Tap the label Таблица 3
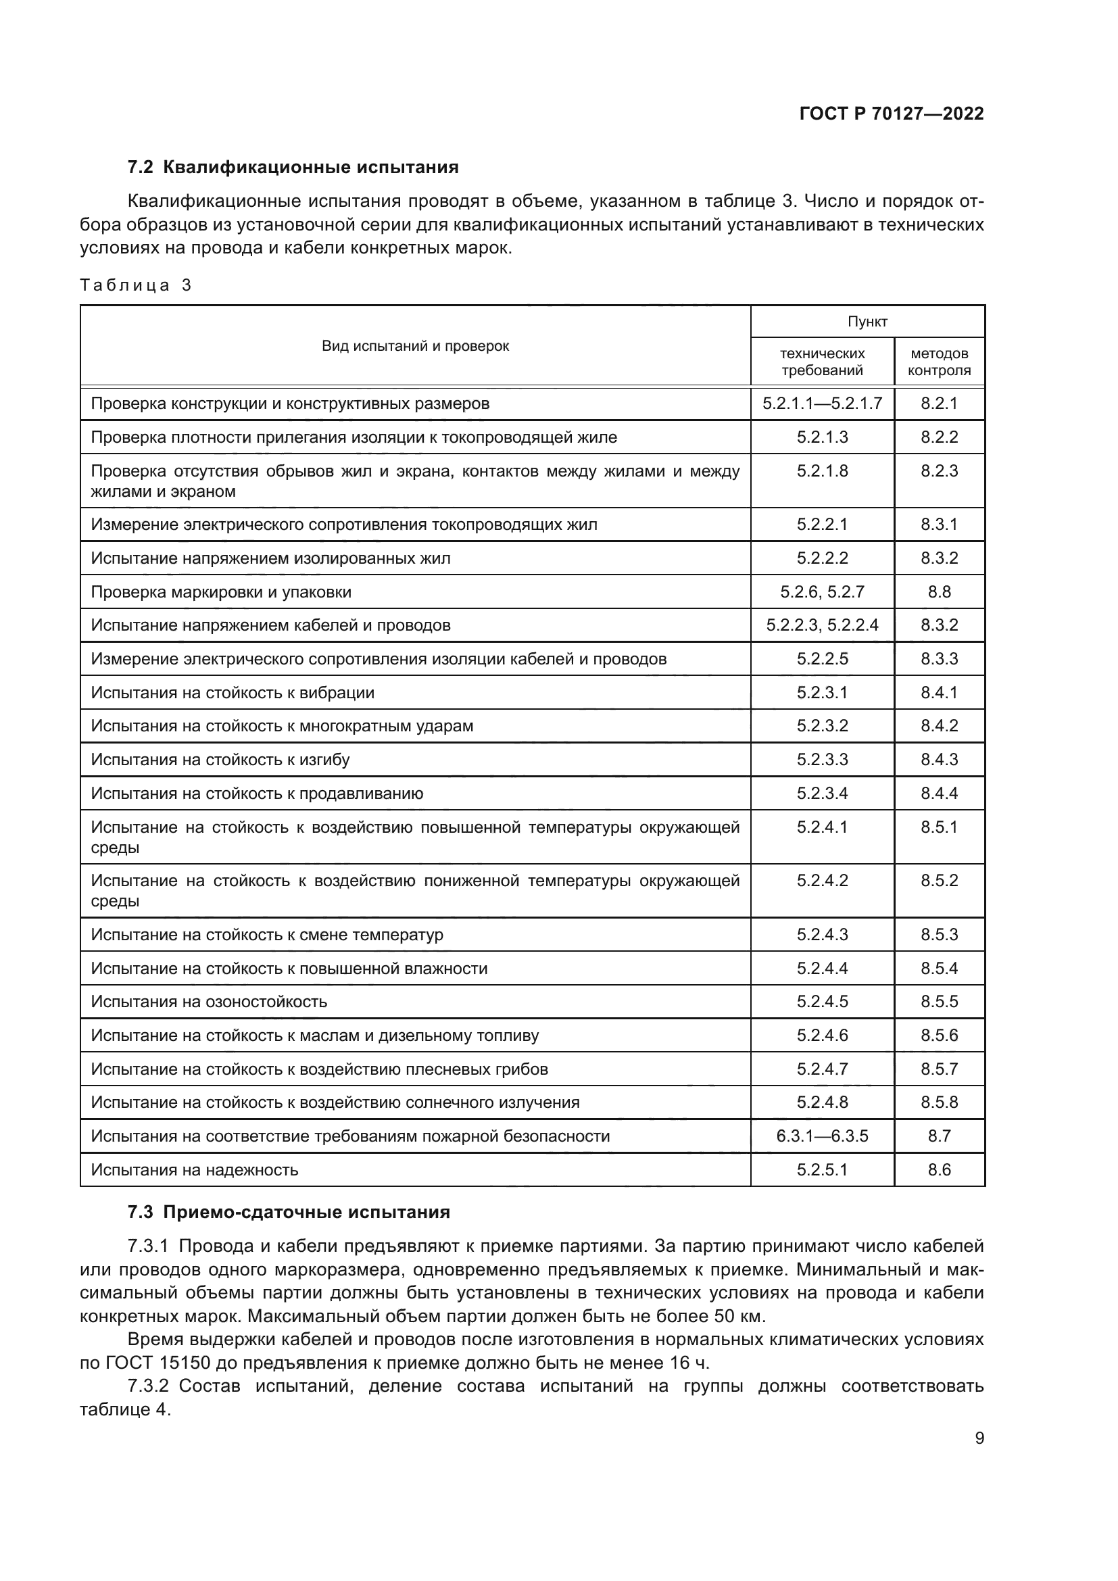tap(136, 285)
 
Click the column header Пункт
tap(867, 322)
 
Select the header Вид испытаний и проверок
tap(415, 345)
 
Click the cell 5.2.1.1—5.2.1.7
tap(822, 404)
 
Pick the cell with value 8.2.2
tap(939, 437)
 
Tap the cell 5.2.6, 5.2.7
tap(822, 592)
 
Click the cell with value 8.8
tap(939, 592)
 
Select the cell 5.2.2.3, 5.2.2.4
tap(822, 625)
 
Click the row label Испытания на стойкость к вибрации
tap(233, 693)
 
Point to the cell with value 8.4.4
tap(939, 794)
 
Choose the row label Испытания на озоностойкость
tap(209, 1002)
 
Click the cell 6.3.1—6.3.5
tap(822, 1136)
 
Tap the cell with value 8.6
tap(939, 1170)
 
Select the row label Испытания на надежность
tap(194, 1170)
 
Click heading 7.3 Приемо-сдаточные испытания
tap(289, 1212)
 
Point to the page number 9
tap(979, 1438)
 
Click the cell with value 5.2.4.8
tap(822, 1102)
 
